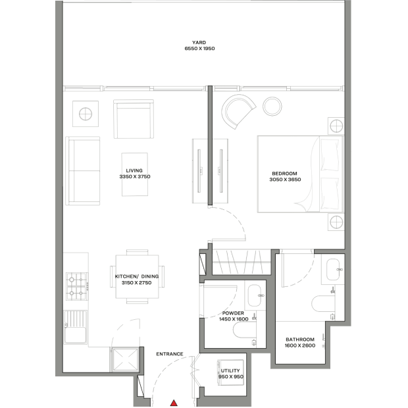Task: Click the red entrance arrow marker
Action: pyautogui.click(x=174, y=403)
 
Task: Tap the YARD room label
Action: pyautogui.click(x=199, y=42)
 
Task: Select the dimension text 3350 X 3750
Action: pyautogui.click(x=135, y=176)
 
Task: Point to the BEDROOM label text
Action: pyautogui.click(x=284, y=174)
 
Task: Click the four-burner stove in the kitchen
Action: pyautogui.click(x=77, y=286)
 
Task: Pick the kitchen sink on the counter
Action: pyautogui.click(x=76, y=327)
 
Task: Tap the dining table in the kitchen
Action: pyautogui.click(x=137, y=276)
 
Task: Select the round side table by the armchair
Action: pyautogui.click(x=272, y=107)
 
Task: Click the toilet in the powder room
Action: pyautogui.click(x=245, y=330)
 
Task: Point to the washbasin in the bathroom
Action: pyautogui.click(x=333, y=270)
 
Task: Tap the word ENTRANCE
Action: pyautogui.click(x=170, y=354)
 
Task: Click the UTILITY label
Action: pyautogui.click(x=230, y=370)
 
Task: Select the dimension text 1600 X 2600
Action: pyautogui.click(x=300, y=345)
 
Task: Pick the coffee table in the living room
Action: pyautogui.click(x=135, y=174)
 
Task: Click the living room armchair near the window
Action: pyautogui.click(x=134, y=119)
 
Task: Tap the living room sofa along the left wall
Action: pyautogui.click(x=83, y=171)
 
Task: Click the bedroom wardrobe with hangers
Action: pyautogui.click(x=242, y=262)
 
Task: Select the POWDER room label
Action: pyautogui.click(x=233, y=313)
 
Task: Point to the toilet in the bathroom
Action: pyautogui.click(x=323, y=303)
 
